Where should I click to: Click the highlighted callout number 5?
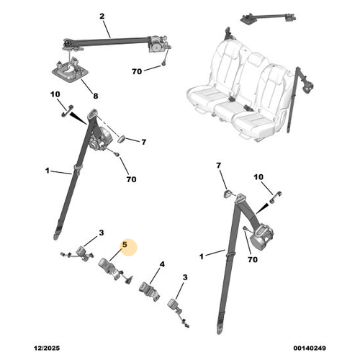click(x=125, y=245)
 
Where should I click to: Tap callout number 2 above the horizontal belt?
click(x=102, y=17)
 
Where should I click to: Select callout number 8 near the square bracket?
click(x=96, y=96)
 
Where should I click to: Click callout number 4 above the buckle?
click(x=162, y=264)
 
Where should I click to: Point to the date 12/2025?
click(x=47, y=348)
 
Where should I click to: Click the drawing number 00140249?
click(x=310, y=348)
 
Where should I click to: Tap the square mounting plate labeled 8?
click(x=70, y=70)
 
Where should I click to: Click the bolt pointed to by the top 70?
click(x=163, y=64)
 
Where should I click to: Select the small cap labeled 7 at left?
click(x=122, y=139)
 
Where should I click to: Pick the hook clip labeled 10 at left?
click(x=67, y=111)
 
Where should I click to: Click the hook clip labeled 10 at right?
click(x=276, y=197)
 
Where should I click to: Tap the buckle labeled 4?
click(x=149, y=291)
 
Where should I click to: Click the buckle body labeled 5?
click(x=109, y=269)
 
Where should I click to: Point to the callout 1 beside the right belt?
click(x=202, y=256)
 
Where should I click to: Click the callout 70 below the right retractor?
click(x=253, y=259)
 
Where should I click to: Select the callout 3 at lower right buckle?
click(x=185, y=277)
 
